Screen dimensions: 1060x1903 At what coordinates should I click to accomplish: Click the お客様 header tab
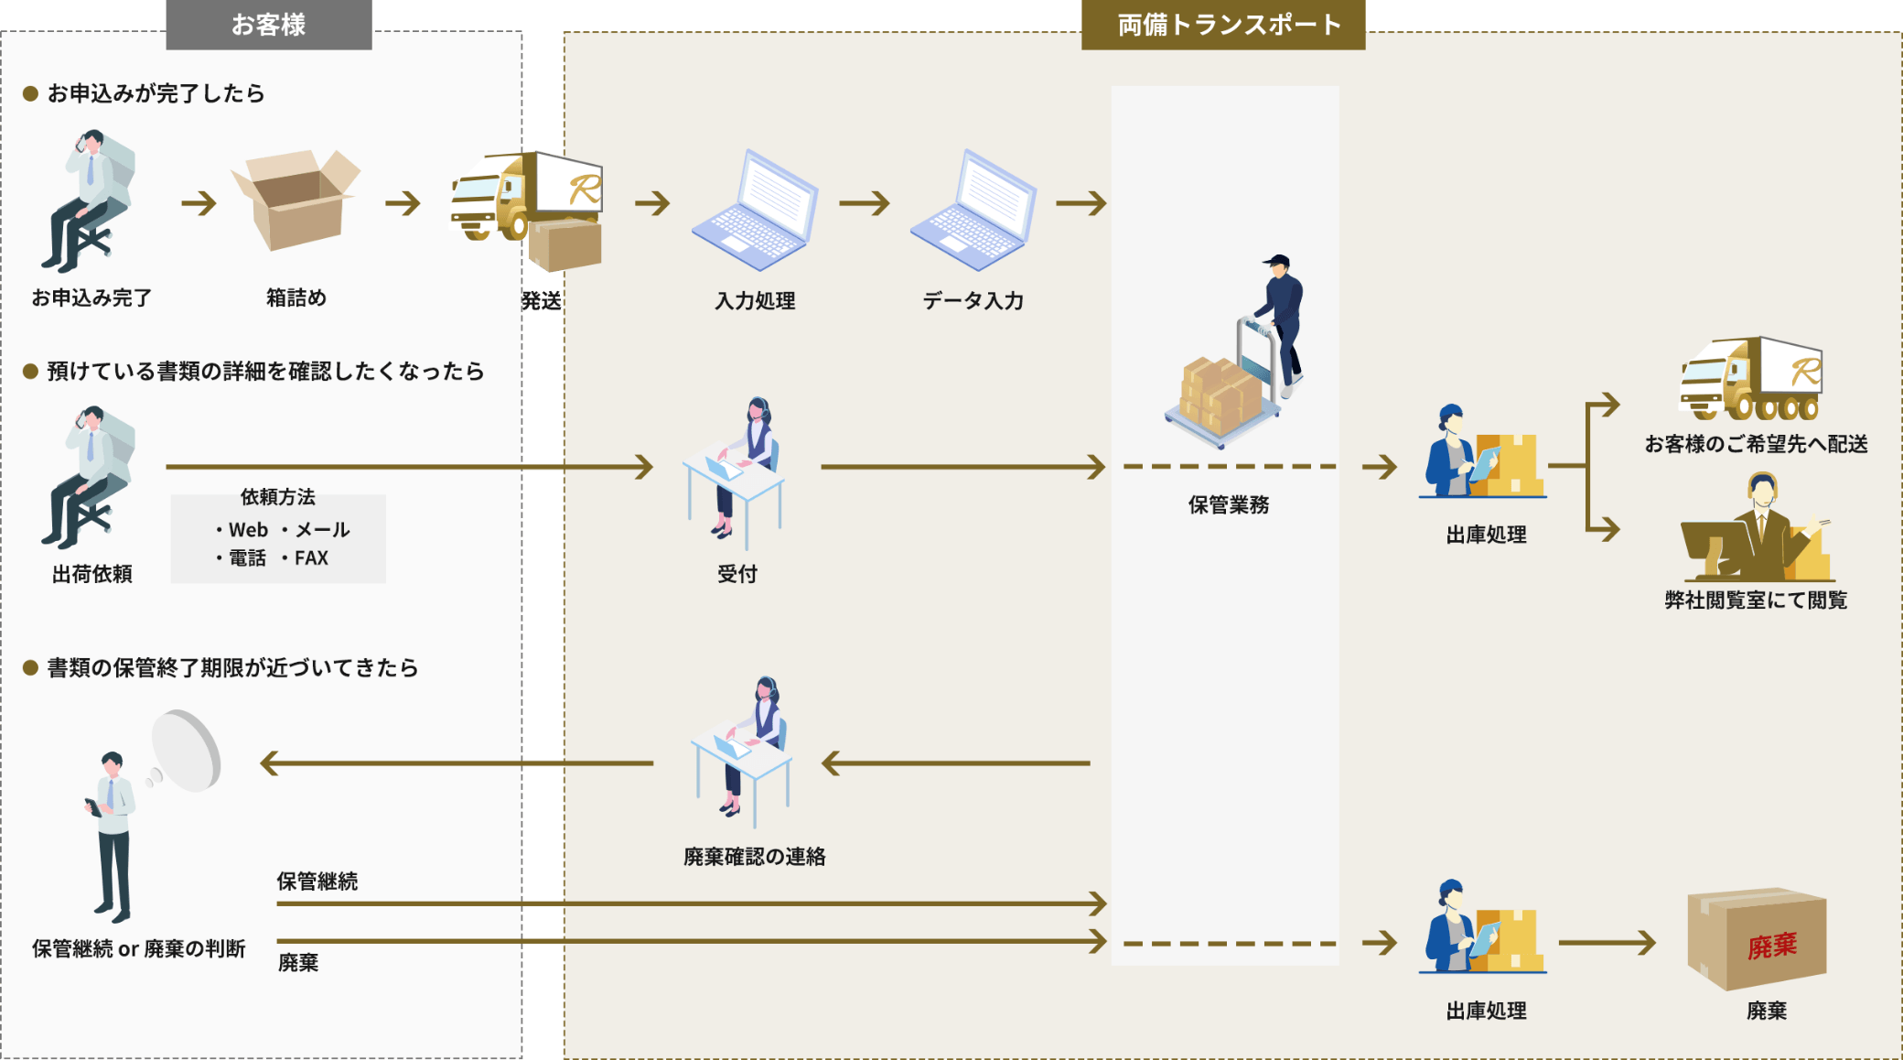click(268, 25)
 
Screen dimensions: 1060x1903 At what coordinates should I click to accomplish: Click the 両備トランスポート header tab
click(1223, 25)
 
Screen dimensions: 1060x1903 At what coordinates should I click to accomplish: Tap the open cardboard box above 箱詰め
click(296, 201)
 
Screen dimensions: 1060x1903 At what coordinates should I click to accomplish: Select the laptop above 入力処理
click(755, 212)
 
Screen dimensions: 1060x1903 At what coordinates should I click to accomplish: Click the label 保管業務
click(1228, 504)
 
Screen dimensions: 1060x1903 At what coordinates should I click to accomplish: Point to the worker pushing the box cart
click(1281, 320)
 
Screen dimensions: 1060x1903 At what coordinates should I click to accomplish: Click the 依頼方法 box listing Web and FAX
click(278, 538)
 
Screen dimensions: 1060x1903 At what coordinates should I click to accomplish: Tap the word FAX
click(311, 558)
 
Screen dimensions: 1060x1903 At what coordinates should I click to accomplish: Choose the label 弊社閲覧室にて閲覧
click(1756, 600)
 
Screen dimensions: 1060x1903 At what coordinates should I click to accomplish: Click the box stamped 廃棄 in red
click(1757, 939)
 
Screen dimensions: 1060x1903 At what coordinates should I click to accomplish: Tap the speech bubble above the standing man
click(187, 751)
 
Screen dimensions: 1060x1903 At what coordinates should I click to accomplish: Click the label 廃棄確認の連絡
click(754, 857)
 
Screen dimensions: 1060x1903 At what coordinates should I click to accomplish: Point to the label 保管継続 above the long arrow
click(317, 882)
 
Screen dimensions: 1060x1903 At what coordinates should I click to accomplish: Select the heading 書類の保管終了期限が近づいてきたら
click(232, 668)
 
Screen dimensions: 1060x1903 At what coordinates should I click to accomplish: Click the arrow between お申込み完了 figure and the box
click(199, 202)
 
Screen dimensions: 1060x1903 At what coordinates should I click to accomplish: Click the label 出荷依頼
click(91, 574)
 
